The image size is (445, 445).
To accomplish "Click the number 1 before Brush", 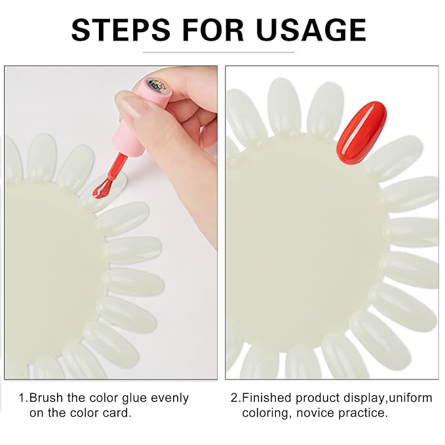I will click(22, 398).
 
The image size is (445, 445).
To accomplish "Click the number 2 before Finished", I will click(234, 398).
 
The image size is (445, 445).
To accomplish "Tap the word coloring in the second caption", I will click(265, 413).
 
